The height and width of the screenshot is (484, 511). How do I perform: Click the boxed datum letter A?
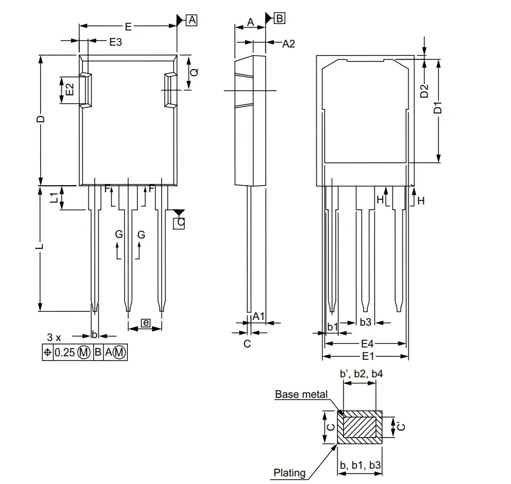192,21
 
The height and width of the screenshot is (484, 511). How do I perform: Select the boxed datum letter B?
280,18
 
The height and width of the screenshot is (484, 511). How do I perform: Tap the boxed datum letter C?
180,222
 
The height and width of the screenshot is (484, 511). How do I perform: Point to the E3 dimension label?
115,42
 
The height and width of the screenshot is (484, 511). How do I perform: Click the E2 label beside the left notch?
69,90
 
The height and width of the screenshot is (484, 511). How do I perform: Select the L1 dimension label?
54,197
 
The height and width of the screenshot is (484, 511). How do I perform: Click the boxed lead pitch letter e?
145,323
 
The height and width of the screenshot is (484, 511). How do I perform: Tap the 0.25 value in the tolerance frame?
66,352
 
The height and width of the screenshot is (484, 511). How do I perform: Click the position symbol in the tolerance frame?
47,352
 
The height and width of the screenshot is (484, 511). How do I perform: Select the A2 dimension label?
288,43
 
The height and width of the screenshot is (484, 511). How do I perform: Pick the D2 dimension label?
425,91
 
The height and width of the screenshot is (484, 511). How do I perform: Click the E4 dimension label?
367,343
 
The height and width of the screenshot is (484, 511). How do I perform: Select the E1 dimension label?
367,356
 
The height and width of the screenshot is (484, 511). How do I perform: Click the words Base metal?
301,394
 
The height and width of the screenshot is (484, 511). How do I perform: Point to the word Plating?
289,472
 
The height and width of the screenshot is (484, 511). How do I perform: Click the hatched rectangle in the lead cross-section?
359,427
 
